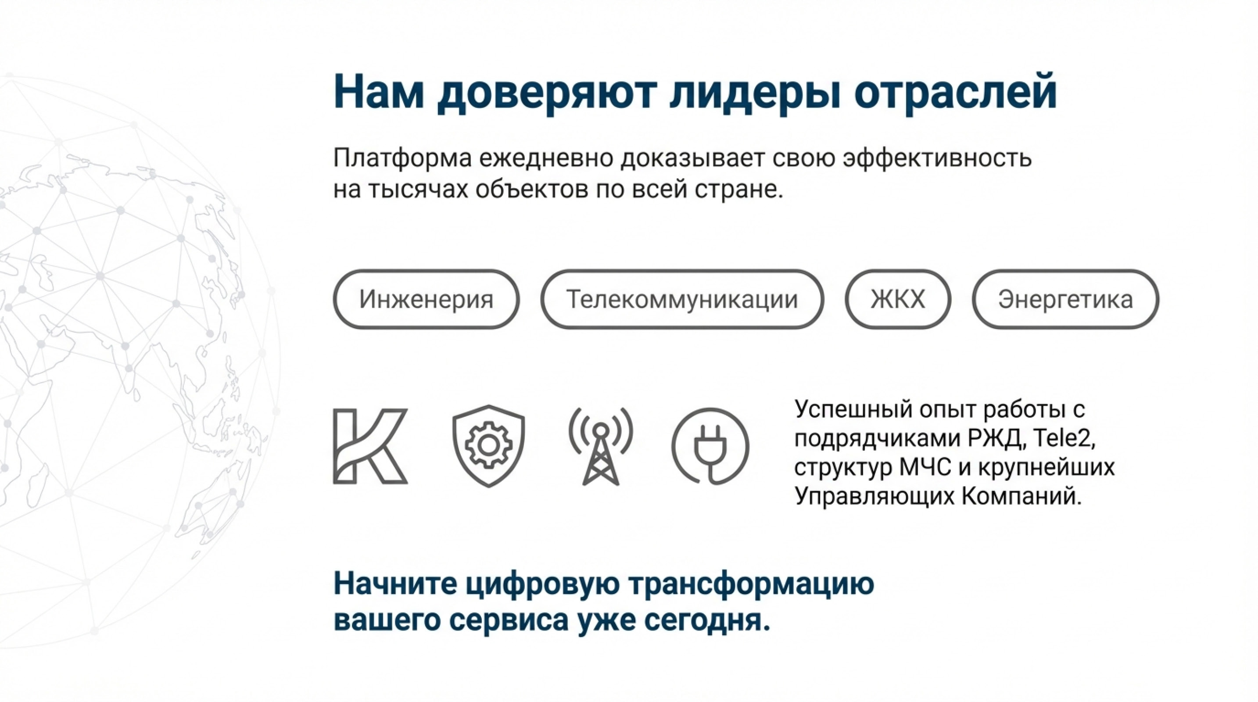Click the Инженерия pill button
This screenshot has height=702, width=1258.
pos(426,299)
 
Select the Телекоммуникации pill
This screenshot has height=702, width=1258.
pos(682,299)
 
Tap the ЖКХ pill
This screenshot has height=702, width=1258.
pos(898,299)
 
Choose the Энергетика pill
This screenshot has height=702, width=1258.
pos(1065,299)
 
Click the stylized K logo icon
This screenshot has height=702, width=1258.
pos(370,446)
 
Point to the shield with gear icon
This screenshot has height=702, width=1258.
pos(488,445)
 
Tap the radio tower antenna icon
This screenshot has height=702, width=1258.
pos(601,446)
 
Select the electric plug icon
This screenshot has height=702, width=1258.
pos(710,446)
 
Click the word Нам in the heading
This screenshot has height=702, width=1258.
pos(379,92)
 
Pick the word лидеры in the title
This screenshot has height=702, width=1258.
pos(755,92)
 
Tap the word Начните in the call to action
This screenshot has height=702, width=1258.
pos(396,584)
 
